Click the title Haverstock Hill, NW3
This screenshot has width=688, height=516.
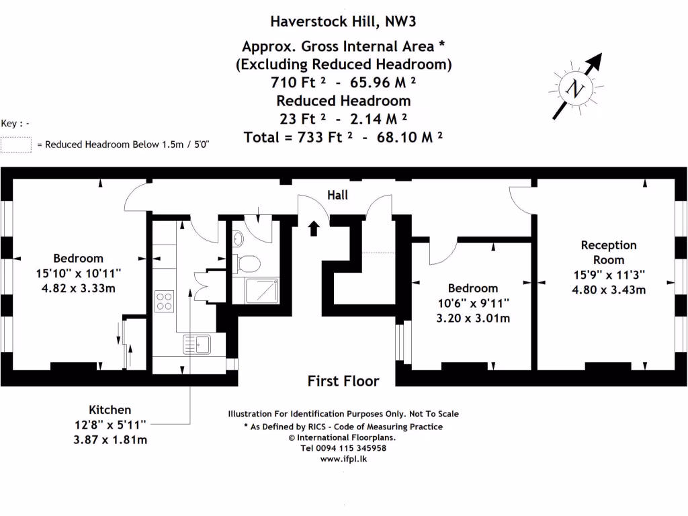pyautogui.click(x=343, y=21)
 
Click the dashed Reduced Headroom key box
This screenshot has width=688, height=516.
pyautogui.click(x=16, y=144)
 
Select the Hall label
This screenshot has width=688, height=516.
pyautogui.click(x=337, y=195)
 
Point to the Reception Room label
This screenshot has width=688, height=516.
pyautogui.click(x=608, y=253)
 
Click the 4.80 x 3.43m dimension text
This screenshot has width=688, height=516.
pyautogui.click(x=608, y=290)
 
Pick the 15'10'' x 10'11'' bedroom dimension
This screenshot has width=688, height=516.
pyautogui.click(x=79, y=273)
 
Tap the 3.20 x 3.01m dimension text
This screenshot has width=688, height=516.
pyautogui.click(x=473, y=318)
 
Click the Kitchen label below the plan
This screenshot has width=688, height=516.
pyautogui.click(x=110, y=409)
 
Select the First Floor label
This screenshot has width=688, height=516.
pyautogui.click(x=343, y=381)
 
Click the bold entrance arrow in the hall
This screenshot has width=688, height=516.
pyautogui.click(x=313, y=228)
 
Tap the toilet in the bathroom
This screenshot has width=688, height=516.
pyautogui.click(x=251, y=263)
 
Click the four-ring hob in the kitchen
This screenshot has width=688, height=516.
pyautogui.click(x=165, y=300)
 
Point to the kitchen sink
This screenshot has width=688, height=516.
pyautogui.click(x=197, y=345)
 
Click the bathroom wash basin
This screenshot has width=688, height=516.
pyautogui.click(x=238, y=239)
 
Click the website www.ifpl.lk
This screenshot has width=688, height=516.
pyautogui.click(x=343, y=459)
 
